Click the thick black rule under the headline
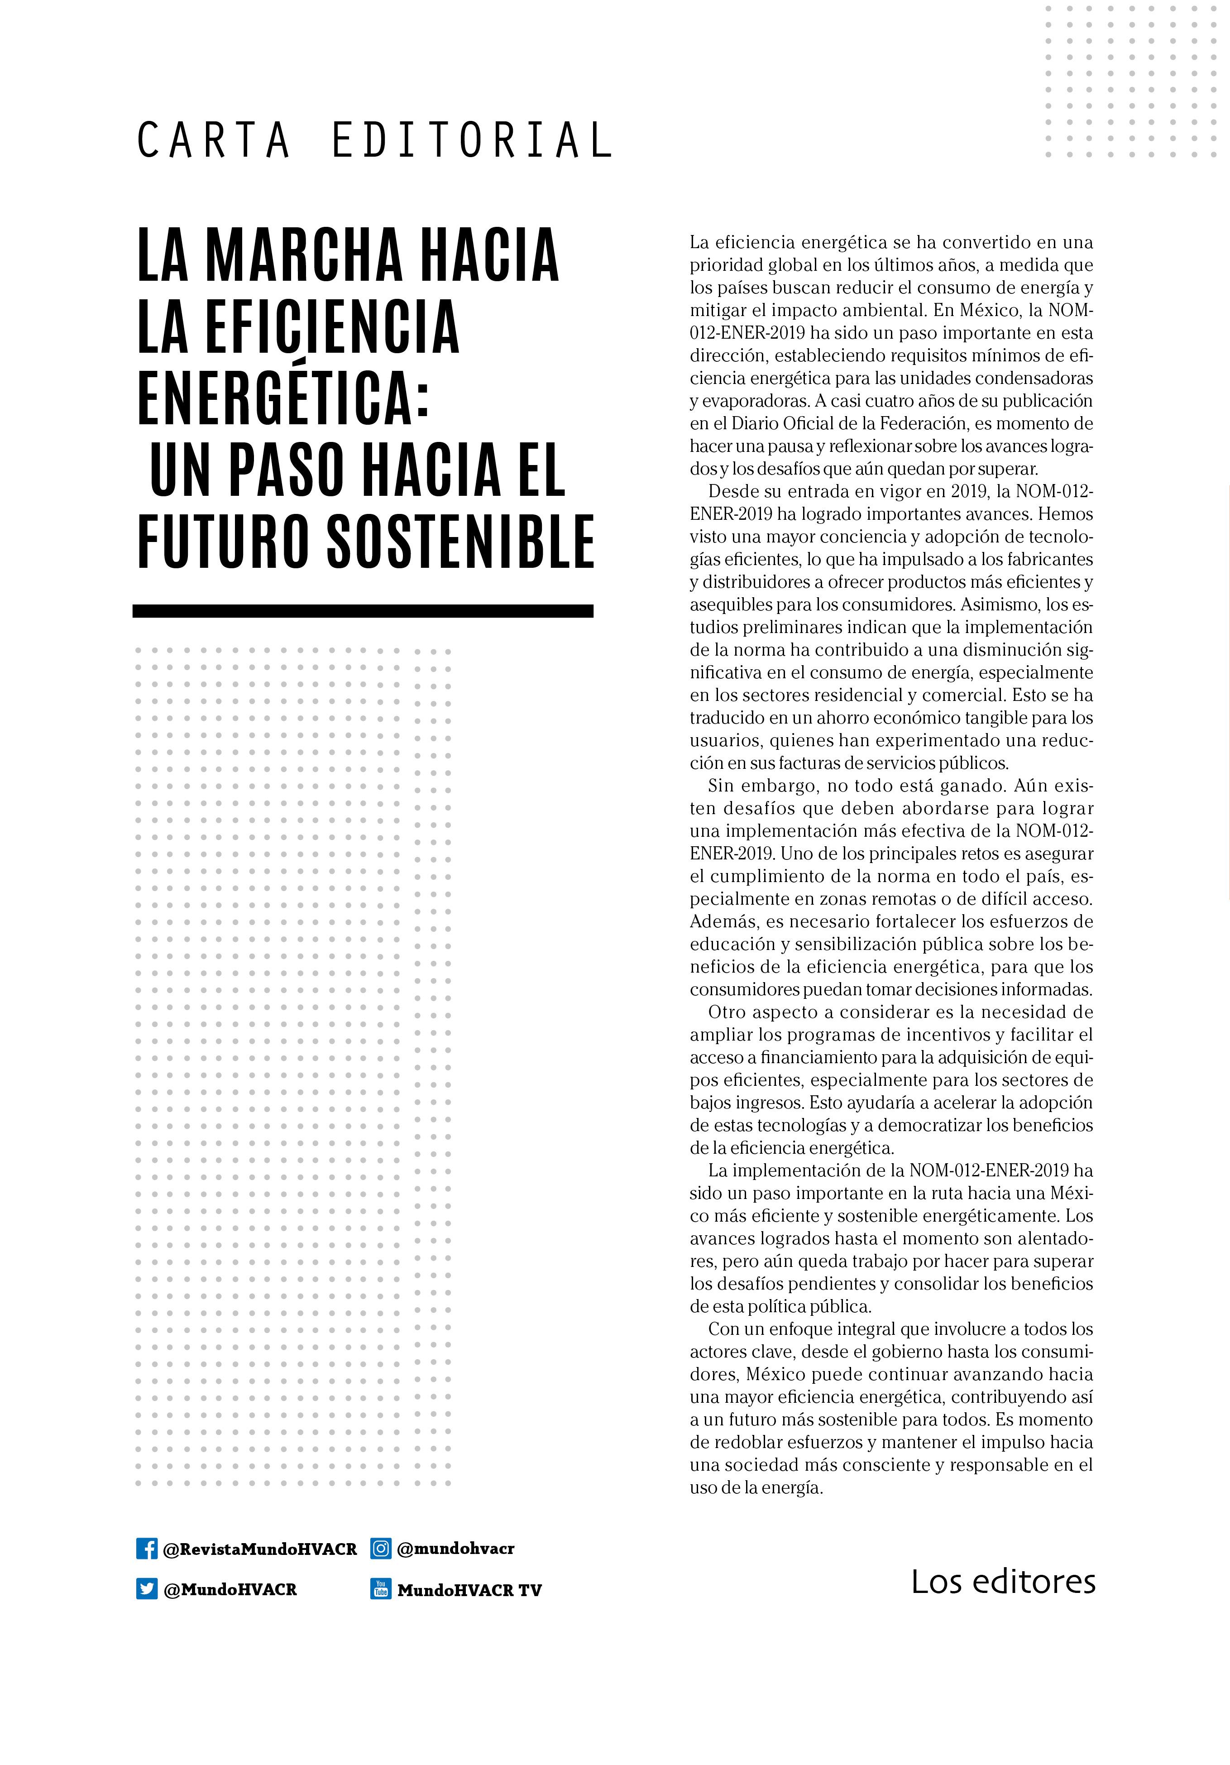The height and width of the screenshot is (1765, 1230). pyautogui.click(x=363, y=611)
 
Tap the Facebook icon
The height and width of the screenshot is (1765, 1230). pyautogui.click(x=147, y=1548)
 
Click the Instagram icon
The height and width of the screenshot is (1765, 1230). pyautogui.click(x=381, y=1548)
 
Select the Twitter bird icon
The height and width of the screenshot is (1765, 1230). pyautogui.click(x=147, y=1589)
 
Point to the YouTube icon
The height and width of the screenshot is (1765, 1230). pyautogui.click(x=381, y=1589)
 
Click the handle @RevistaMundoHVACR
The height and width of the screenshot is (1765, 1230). pyautogui.click(x=260, y=1549)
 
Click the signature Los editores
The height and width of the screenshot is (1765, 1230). pyautogui.click(x=1003, y=1581)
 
